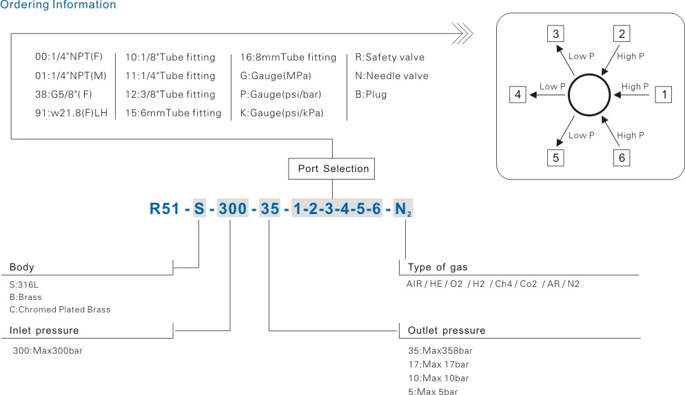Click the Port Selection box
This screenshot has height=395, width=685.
333,169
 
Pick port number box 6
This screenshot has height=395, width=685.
622,158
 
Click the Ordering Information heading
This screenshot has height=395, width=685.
58,6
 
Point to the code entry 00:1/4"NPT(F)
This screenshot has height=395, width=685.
69,57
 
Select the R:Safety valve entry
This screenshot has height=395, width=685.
389,57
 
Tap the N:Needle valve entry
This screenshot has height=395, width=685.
391,76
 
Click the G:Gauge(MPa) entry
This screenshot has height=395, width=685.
276,76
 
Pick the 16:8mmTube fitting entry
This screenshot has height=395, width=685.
288,57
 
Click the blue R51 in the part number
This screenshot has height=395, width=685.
165,208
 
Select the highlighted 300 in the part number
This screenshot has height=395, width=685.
232,208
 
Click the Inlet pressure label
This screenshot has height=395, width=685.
44,330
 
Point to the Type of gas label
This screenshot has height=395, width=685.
438,267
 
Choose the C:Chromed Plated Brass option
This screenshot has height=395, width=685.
60,310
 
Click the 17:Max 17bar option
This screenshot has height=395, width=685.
438,365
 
